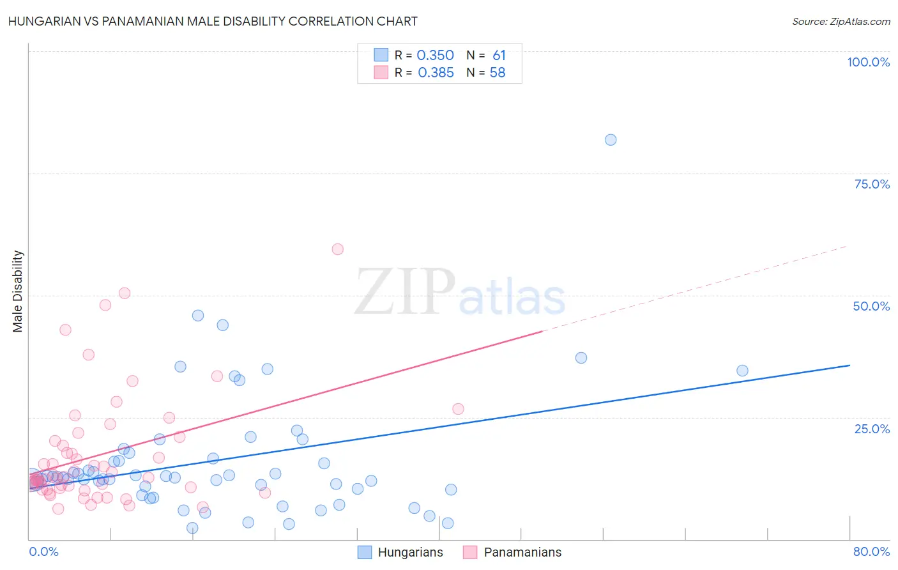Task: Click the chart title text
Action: [x=213, y=21]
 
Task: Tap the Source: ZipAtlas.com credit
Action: [x=841, y=21]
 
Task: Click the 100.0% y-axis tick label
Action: [x=868, y=62]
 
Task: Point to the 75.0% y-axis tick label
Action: [x=872, y=184]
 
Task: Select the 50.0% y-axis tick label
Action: [x=871, y=306]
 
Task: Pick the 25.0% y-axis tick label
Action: [x=872, y=429]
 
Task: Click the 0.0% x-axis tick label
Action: [x=43, y=551]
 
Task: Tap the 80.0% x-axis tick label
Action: [x=871, y=551]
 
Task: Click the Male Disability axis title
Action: [x=17, y=291]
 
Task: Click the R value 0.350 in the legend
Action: [x=435, y=56]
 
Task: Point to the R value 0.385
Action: [x=436, y=73]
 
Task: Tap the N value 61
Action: [x=499, y=56]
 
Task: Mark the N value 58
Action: [x=498, y=73]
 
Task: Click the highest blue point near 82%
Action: [x=611, y=140]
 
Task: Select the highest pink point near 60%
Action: [x=338, y=249]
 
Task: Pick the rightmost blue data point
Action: [x=742, y=371]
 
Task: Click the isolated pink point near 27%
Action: [x=458, y=409]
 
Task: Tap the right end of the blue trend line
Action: [x=849, y=365]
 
